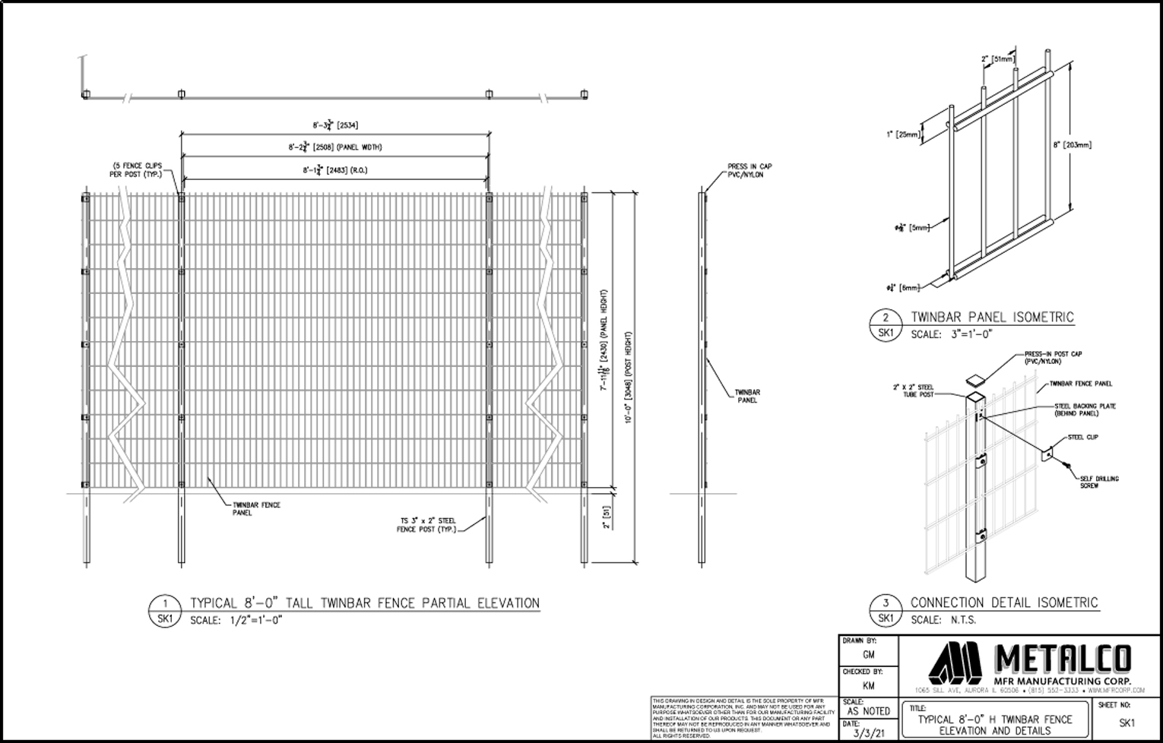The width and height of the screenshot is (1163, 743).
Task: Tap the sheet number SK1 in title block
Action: (x=1127, y=723)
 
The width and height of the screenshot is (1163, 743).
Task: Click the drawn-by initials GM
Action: (x=868, y=654)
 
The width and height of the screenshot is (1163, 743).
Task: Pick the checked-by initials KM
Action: (x=868, y=685)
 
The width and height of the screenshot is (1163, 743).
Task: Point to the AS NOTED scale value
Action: (x=868, y=711)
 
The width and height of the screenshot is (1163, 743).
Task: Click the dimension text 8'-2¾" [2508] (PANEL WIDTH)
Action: (x=334, y=147)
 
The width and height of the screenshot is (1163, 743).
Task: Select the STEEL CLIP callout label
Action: (x=1082, y=438)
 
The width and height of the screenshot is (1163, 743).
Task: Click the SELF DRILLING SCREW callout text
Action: (x=1098, y=482)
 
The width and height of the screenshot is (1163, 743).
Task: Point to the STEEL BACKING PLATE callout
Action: (x=1085, y=410)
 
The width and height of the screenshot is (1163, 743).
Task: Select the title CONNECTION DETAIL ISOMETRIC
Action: (x=1003, y=602)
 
